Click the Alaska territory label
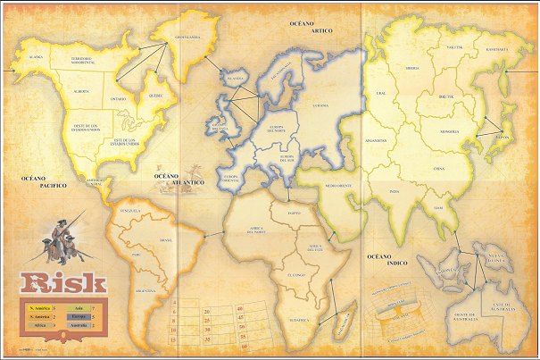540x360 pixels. click(36, 56)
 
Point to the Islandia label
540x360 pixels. click(236, 79)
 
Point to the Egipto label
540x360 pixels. click(295, 213)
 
